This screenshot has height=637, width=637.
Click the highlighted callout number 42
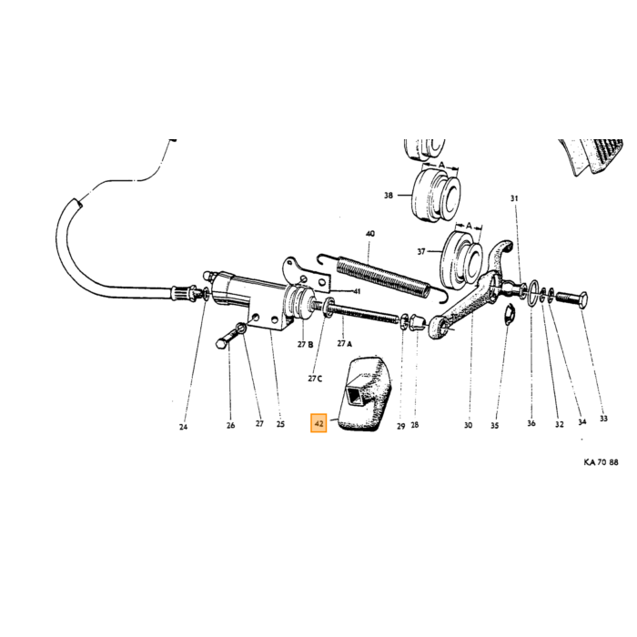point(318,424)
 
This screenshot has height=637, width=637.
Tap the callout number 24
point(183,427)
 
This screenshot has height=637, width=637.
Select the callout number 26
point(230,425)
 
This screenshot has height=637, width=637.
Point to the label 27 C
point(315,379)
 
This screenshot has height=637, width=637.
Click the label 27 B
point(305,345)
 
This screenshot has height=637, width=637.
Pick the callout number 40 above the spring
point(370,234)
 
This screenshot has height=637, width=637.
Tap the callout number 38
point(389,196)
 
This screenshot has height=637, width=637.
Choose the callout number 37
point(421,252)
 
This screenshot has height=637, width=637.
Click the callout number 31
point(514,198)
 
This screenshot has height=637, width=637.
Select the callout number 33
point(603,418)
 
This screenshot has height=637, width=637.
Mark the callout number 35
point(494,425)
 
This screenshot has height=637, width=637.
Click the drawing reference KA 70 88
point(601,462)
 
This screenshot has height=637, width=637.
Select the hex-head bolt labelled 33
point(572,301)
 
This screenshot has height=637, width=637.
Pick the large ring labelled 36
point(533,294)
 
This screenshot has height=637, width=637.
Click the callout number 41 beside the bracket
point(357,291)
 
